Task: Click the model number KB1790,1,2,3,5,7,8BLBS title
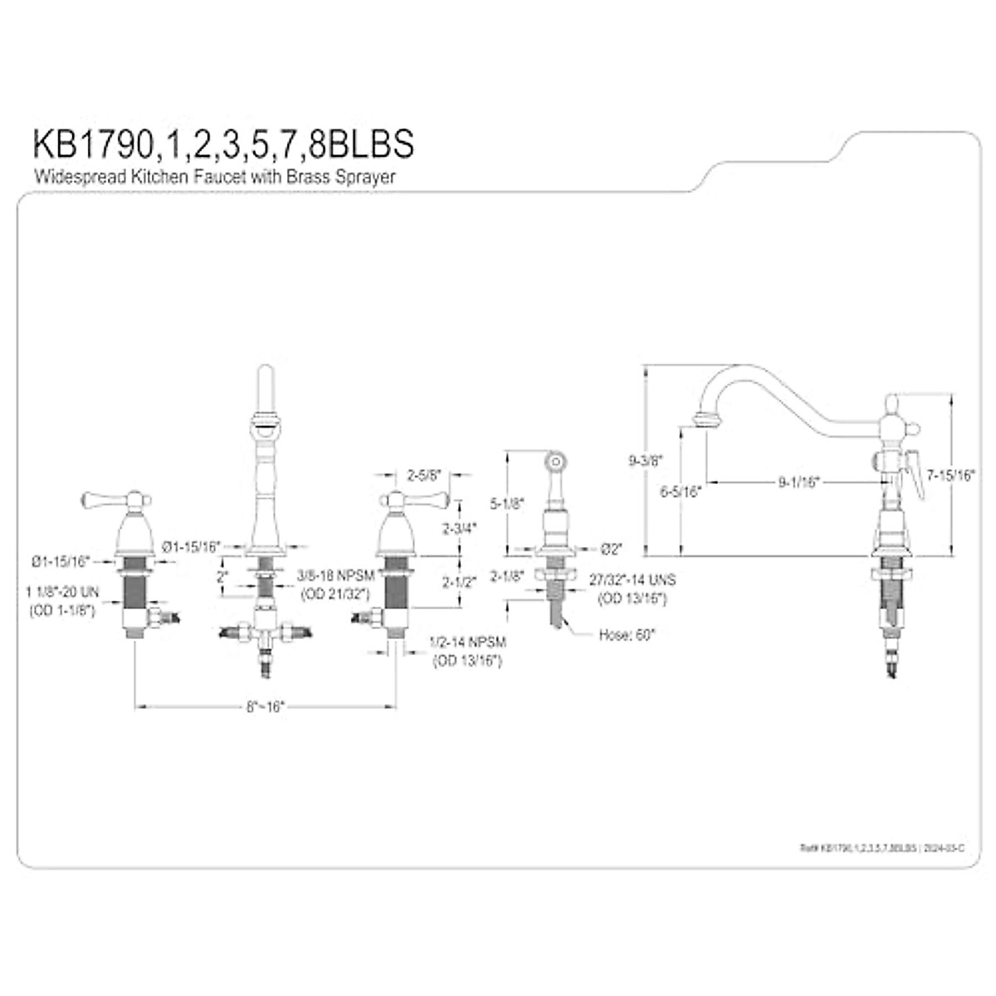point(222,144)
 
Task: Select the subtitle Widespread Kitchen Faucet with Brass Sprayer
point(214,176)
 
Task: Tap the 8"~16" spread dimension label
point(265,706)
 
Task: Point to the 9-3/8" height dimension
point(645,460)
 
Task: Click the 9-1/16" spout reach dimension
point(798,481)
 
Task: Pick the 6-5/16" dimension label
point(681,491)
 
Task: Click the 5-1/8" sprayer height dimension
point(505,502)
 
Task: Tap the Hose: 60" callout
point(627,635)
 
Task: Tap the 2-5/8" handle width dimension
point(423,476)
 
